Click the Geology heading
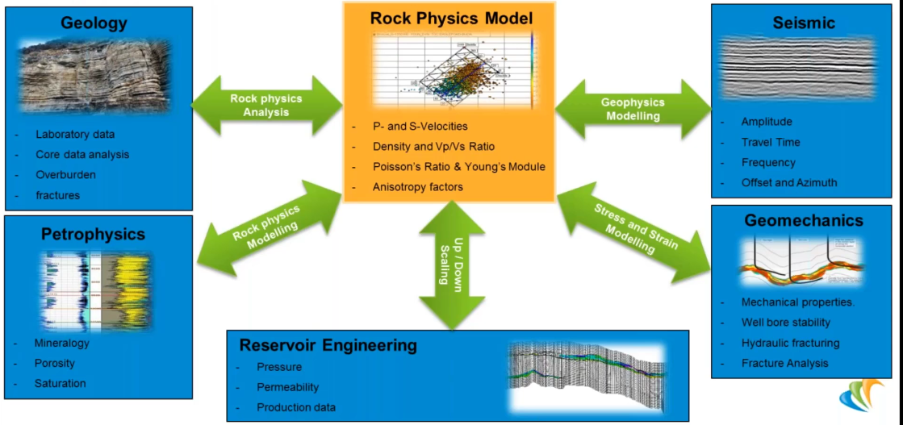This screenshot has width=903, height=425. tap(94, 23)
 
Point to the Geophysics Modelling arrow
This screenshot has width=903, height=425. tap(633, 109)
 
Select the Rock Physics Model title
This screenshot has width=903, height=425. tap(451, 18)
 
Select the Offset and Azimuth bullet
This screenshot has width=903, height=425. tap(789, 182)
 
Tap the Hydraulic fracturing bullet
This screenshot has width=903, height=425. tap(790, 343)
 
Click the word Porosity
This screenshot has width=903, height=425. tap(55, 363)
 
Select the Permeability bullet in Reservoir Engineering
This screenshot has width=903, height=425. tap(287, 387)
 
